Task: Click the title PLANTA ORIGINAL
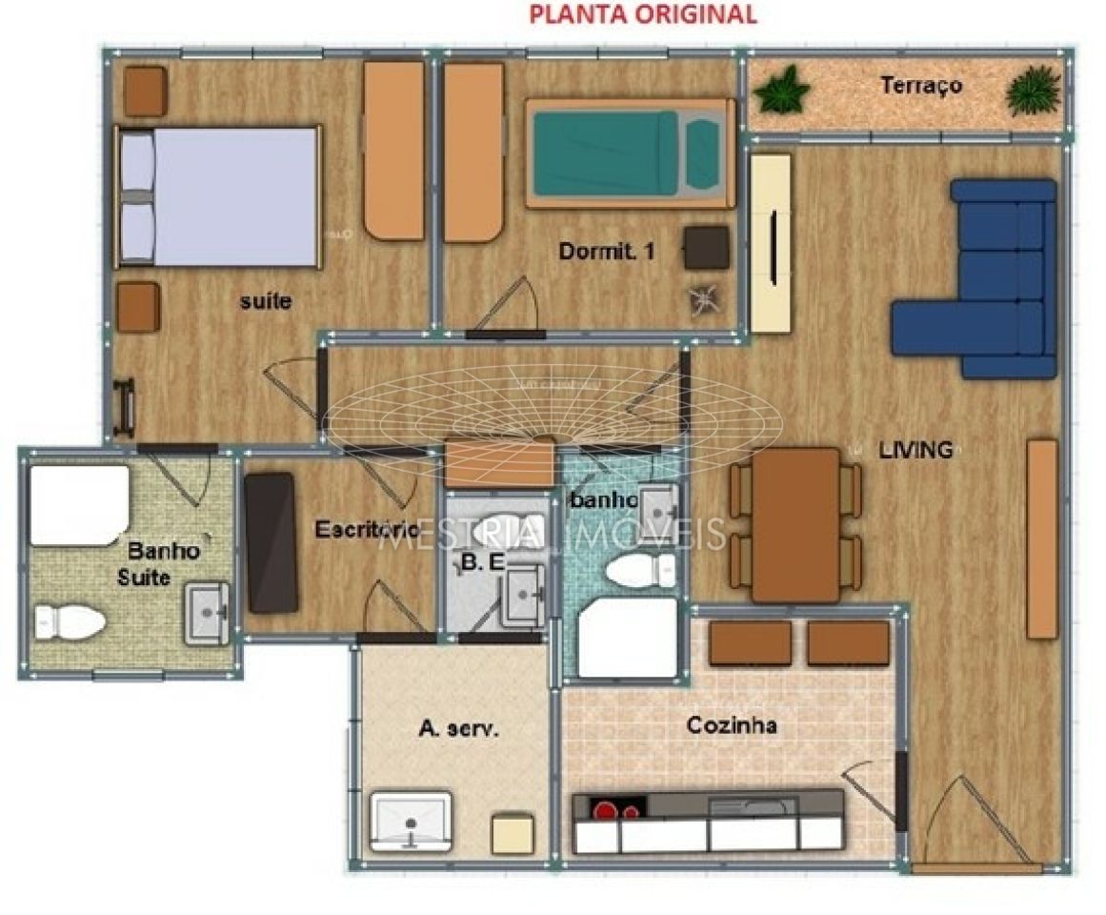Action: click(x=643, y=14)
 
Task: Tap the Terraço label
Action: click(x=920, y=86)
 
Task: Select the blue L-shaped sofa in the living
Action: click(x=991, y=286)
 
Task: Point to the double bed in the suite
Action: click(x=219, y=196)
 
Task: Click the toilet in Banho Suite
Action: click(x=70, y=623)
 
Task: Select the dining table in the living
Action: click(x=795, y=524)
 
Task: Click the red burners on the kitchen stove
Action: click(x=617, y=811)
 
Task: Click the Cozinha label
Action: click(x=732, y=726)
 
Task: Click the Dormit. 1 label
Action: click(x=607, y=253)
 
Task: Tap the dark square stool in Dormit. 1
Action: click(x=706, y=249)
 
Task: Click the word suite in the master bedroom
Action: click(x=266, y=302)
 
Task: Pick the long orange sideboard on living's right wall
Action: click(x=1042, y=539)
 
